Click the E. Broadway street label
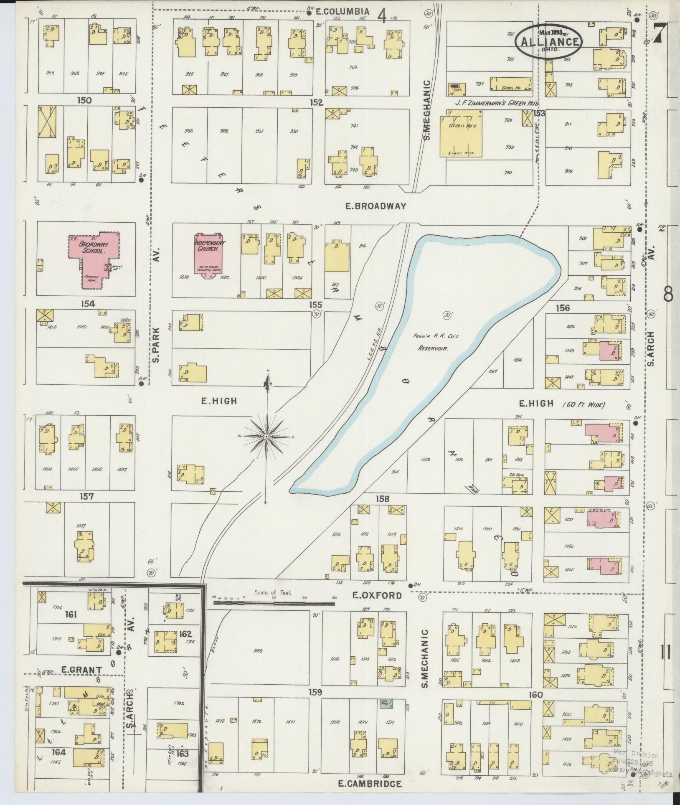tap(376, 206)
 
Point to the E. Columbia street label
tap(342, 12)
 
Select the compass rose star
tap(266, 437)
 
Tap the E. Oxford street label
tap(377, 595)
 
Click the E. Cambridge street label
tap(370, 784)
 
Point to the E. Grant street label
tap(76, 670)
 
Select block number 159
tap(315, 693)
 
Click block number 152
tap(317, 102)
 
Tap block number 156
tap(563, 308)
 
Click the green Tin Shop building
tap(383, 703)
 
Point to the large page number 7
tap(660, 33)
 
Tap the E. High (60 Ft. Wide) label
tap(561, 404)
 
